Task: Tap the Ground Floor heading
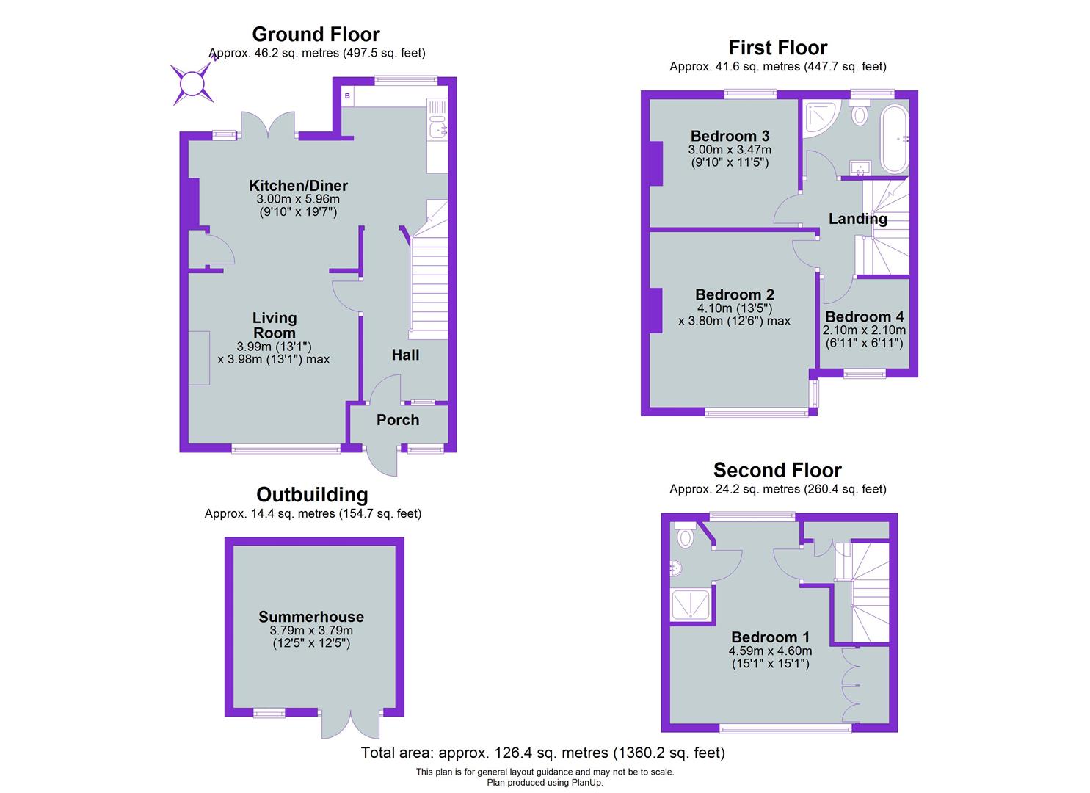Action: click(x=316, y=35)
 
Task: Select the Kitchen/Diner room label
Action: click(x=298, y=186)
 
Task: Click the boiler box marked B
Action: click(x=348, y=96)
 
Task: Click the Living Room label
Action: click(x=275, y=325)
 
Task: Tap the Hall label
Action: click(x=405, y=355)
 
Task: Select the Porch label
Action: click(x=398, y=420)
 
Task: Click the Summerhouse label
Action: click(x=311, y=617)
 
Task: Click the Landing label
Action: click(x=857, y=219)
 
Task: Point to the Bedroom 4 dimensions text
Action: click(x=864, y=336)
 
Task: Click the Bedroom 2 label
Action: click(x=734, y=294)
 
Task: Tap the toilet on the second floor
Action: click(x=686, y=535)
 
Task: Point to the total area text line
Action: click(x=542, y=753)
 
